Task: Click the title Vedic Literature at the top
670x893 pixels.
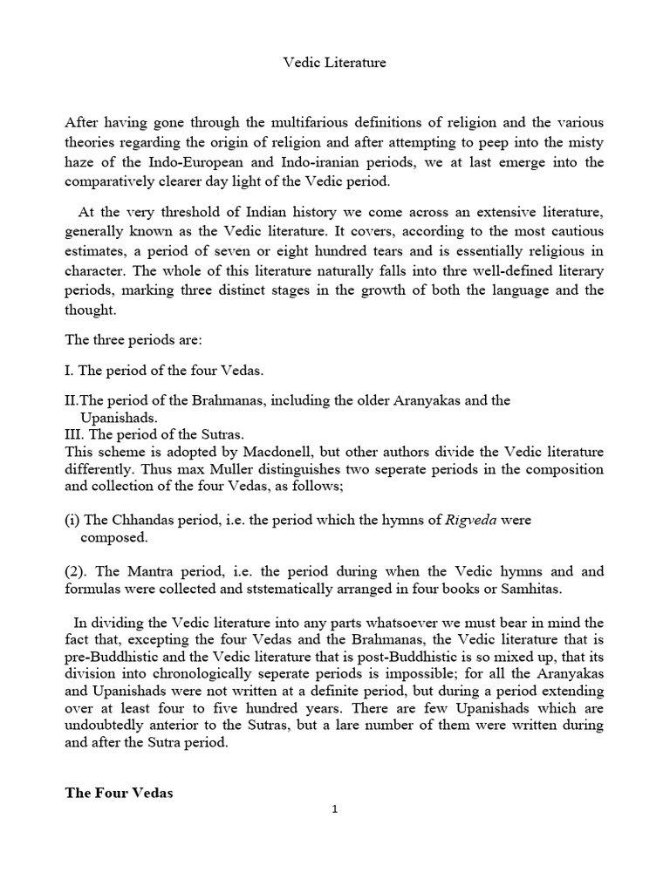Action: tap(335, 63)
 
